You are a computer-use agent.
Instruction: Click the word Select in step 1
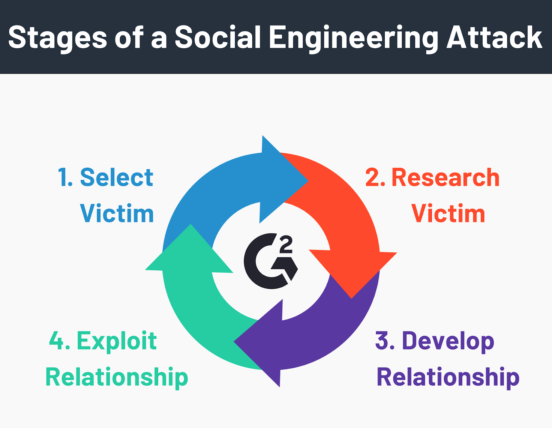click(x=117, y=178)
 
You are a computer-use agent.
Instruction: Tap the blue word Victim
click(x=117, y=213)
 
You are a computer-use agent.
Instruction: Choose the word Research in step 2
click(x=445, y=178)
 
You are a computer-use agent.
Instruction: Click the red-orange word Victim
click(x=448, y=213)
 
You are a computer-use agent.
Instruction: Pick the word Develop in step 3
click(x=448, y=342)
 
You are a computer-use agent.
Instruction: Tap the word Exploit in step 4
click(x=117, y=342)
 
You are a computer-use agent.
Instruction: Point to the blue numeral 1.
click(x=65, y=178)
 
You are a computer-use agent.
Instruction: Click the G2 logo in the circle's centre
click(x=270, y=261)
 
